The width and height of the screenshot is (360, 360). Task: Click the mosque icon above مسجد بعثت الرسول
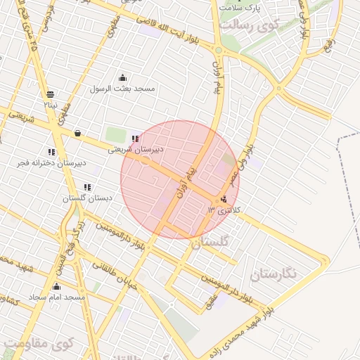point(124,78)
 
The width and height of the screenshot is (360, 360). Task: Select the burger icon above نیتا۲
point(50,94)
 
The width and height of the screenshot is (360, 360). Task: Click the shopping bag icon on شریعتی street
point(77,133)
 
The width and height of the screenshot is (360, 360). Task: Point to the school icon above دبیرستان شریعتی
point(135,139)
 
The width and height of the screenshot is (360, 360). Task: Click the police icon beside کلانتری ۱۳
point(224,200)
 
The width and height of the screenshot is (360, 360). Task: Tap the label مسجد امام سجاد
point(56,297)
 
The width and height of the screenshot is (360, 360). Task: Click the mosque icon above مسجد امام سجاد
point(56,287)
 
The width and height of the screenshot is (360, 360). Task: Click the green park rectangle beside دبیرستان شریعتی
point(113,134)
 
